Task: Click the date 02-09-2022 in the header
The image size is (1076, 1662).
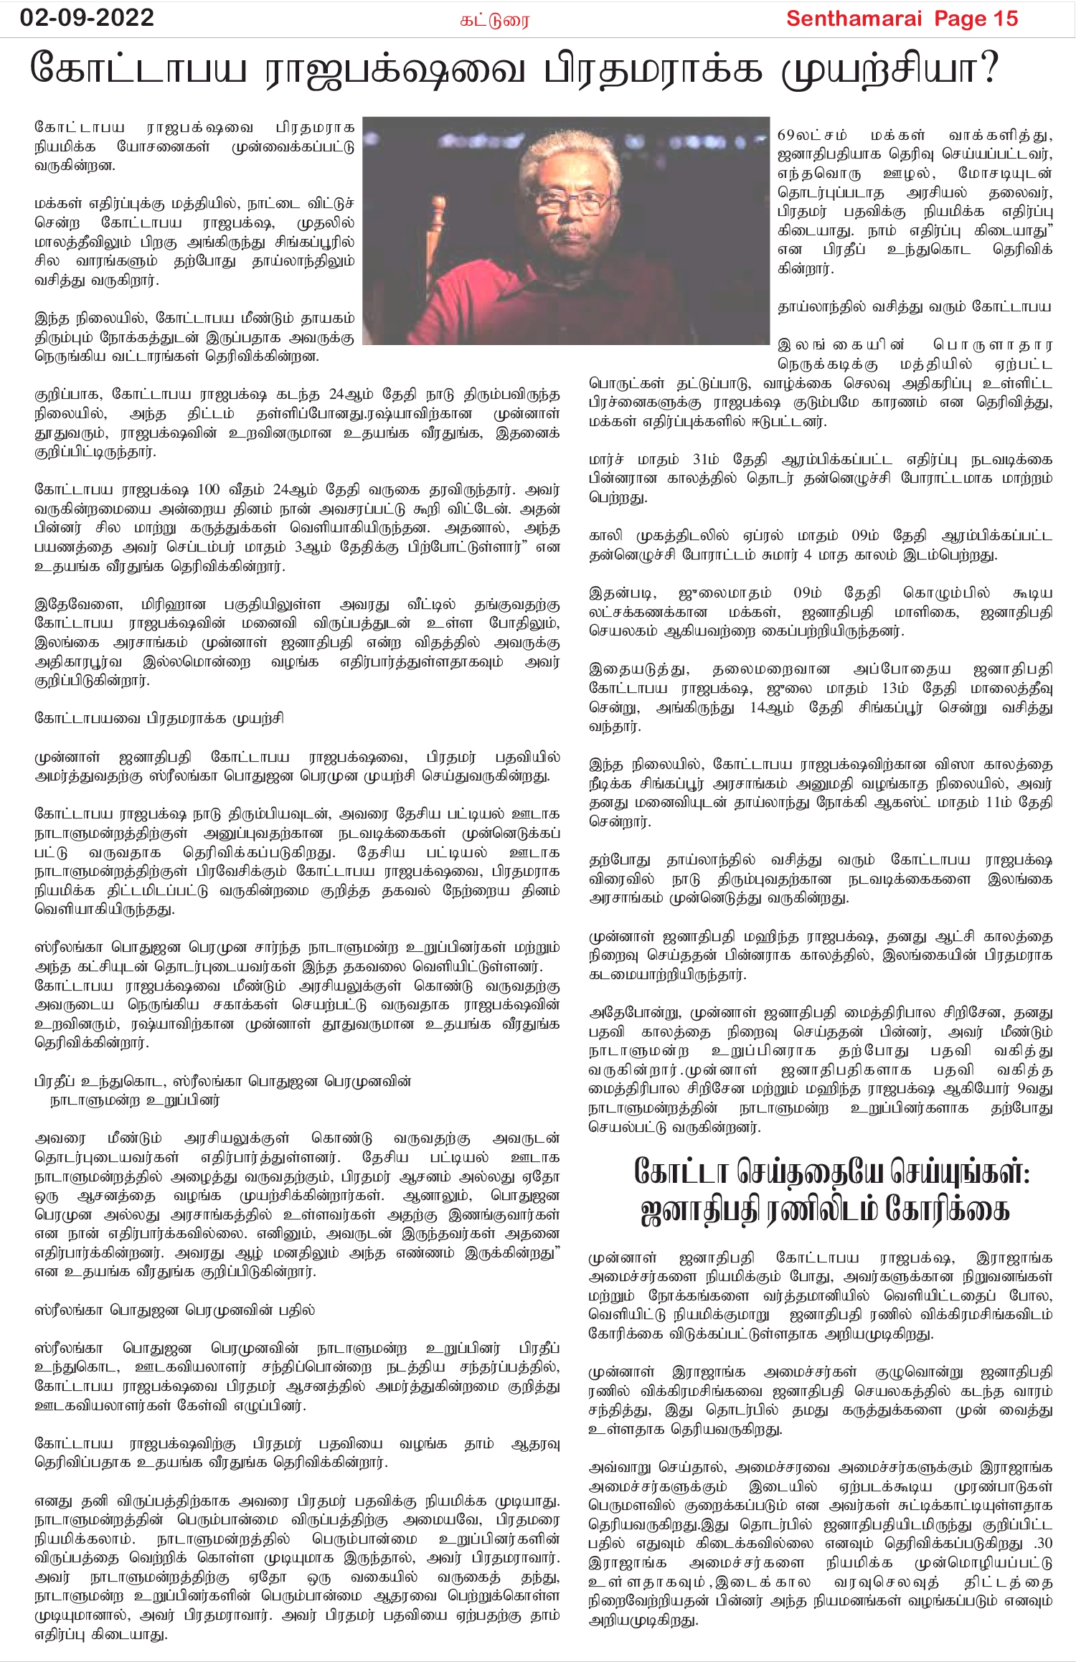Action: click(x=87, y=17)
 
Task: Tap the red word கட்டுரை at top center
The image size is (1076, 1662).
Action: click(x=494, y=20)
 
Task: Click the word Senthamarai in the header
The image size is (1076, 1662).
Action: click(x=854, y=19)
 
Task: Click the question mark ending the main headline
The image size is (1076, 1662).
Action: click(x=988, y=70)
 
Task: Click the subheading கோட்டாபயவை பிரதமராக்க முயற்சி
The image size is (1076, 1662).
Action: click(x=159, y=718)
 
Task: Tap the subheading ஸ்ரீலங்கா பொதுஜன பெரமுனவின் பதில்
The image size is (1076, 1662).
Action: click(x=174, y=1310)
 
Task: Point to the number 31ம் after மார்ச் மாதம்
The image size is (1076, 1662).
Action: click(x=706, y=459)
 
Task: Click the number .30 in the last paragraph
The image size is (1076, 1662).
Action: click(x=1041, y=1543)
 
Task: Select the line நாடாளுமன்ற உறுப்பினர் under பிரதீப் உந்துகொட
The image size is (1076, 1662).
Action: click(x=134, y=1100)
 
